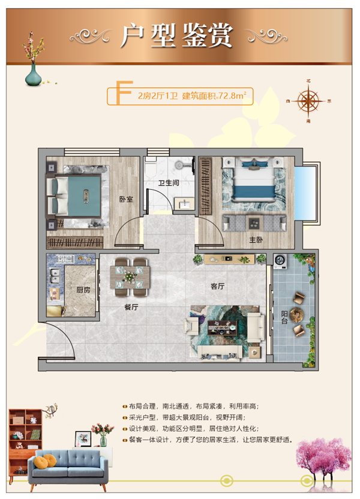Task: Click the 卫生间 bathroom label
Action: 169,183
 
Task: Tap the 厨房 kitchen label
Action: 83,290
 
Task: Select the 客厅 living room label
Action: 218,286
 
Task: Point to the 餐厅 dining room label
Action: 131,307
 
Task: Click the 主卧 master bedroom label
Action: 256,240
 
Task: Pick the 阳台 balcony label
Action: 284,317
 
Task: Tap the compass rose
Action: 308,101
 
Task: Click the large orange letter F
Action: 123,92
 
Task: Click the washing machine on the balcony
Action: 280,261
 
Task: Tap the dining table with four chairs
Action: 130,277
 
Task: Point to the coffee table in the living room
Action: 223,327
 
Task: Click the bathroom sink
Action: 184,204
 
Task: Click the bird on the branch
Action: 50,410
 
